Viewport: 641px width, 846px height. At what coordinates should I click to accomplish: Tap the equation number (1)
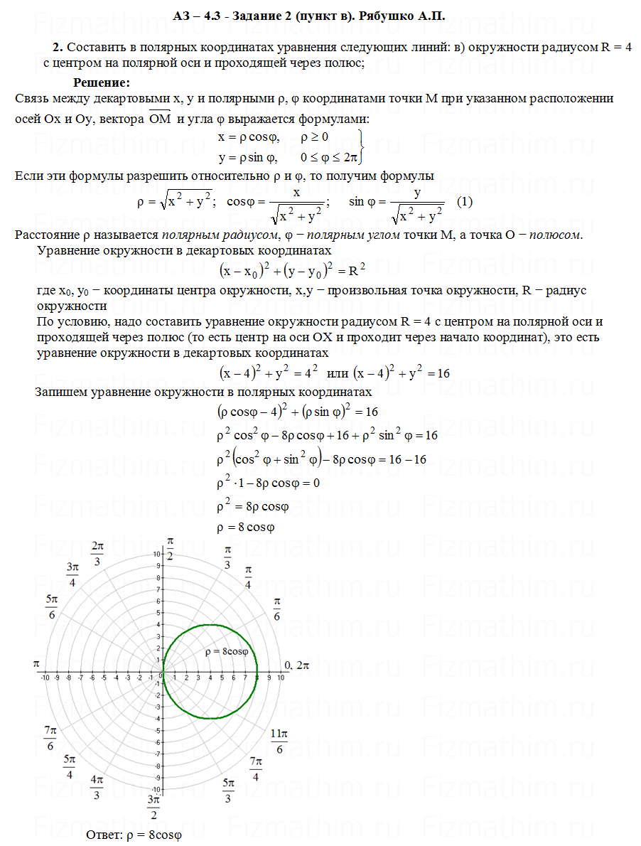(465, 201)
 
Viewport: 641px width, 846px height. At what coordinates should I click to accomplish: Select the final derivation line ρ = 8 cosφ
(245, 528)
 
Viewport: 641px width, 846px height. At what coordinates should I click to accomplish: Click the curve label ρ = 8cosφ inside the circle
(226, 651)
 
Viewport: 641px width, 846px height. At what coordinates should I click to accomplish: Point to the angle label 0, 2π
(297, 665)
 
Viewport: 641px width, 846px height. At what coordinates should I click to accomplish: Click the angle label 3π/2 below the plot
(153, 806)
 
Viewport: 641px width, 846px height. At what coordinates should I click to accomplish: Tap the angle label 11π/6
(279, 740)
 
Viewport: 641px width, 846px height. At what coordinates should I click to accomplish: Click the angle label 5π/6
(52, 607)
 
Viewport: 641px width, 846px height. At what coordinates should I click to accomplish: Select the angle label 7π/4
(256, 769)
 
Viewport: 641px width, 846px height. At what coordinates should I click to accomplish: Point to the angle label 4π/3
(97, 788)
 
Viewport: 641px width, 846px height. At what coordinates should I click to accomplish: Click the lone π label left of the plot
(35, 663)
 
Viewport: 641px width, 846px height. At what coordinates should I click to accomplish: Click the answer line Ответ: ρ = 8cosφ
(134, 835)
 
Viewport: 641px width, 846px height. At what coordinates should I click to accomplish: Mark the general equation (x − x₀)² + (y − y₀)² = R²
(292, 270)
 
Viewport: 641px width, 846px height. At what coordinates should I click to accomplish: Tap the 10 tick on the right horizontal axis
(281, 678)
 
